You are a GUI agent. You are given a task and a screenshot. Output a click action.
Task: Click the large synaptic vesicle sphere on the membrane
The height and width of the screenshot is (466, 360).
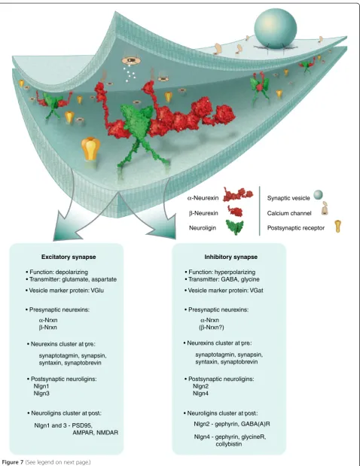276,29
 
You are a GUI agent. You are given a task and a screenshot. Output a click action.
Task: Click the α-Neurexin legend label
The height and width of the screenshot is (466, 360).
203,198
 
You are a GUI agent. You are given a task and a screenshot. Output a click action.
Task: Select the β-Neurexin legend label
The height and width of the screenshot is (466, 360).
203,213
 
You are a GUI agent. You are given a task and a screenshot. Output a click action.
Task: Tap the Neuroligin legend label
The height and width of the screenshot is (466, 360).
203,228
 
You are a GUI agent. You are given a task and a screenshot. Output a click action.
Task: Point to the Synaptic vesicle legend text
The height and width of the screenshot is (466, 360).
288,198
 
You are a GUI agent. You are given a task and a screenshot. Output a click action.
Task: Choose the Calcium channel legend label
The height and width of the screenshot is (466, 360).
285,213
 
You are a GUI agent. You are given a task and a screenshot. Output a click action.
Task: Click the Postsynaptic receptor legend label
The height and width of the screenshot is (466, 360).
296,228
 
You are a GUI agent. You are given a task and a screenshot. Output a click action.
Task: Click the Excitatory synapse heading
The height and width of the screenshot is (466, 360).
69,257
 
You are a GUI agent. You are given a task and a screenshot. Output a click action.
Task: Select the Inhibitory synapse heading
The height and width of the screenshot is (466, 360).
231,257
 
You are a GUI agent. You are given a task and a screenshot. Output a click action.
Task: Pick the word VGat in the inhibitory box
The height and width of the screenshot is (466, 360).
256,291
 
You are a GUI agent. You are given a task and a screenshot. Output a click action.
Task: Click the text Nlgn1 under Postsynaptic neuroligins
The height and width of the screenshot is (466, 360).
41,386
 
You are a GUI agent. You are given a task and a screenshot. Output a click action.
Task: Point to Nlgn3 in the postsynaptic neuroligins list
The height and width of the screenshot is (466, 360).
41,393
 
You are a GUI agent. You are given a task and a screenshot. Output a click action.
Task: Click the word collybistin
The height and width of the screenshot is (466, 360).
229,444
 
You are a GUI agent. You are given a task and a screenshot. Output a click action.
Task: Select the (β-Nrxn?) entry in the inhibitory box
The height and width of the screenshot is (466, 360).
212,327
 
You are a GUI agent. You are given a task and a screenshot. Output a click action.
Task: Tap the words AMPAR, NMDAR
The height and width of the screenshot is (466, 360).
95,432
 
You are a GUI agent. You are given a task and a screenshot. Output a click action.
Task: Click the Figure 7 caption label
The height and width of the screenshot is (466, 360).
13,462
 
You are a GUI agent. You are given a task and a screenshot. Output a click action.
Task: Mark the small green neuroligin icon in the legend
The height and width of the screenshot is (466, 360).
234,227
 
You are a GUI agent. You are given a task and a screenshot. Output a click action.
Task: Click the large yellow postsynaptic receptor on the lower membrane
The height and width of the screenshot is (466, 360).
90,148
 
